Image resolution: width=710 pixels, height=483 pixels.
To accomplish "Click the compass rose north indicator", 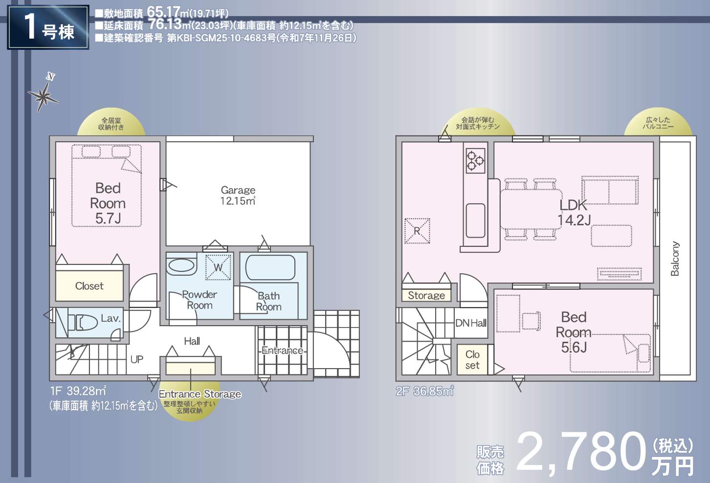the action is click(44, 93).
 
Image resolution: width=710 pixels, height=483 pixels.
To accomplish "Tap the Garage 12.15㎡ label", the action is click(238, 195).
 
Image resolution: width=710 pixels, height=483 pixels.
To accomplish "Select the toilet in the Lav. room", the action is click(83, 322).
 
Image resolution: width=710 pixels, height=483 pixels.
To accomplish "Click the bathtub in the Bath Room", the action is click(270, 267).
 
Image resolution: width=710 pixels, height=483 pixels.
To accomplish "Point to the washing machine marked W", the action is click(218, 267).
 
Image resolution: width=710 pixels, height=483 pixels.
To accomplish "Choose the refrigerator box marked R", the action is click(417, 231).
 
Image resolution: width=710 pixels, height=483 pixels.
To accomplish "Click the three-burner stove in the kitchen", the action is click(475, 161).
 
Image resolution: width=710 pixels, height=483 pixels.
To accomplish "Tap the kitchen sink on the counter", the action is click(475, 220).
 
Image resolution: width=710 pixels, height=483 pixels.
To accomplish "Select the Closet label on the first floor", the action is click(89, 286).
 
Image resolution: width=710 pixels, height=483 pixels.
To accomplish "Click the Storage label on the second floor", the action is click(426, 295).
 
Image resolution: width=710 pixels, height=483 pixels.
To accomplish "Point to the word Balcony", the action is click(675, 259).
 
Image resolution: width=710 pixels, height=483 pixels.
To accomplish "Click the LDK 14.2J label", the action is click(574, 213).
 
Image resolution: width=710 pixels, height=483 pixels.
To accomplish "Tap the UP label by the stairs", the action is click(137, 359).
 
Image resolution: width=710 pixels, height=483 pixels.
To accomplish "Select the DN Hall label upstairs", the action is click(471, 323).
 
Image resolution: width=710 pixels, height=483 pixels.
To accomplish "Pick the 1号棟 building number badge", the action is click(48, 27).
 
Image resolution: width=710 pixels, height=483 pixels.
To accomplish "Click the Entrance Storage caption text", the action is click(200, 394).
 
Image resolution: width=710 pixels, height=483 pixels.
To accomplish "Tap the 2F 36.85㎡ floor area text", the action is click(425, 391).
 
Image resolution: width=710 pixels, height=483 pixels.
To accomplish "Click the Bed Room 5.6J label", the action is click(574, 332).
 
